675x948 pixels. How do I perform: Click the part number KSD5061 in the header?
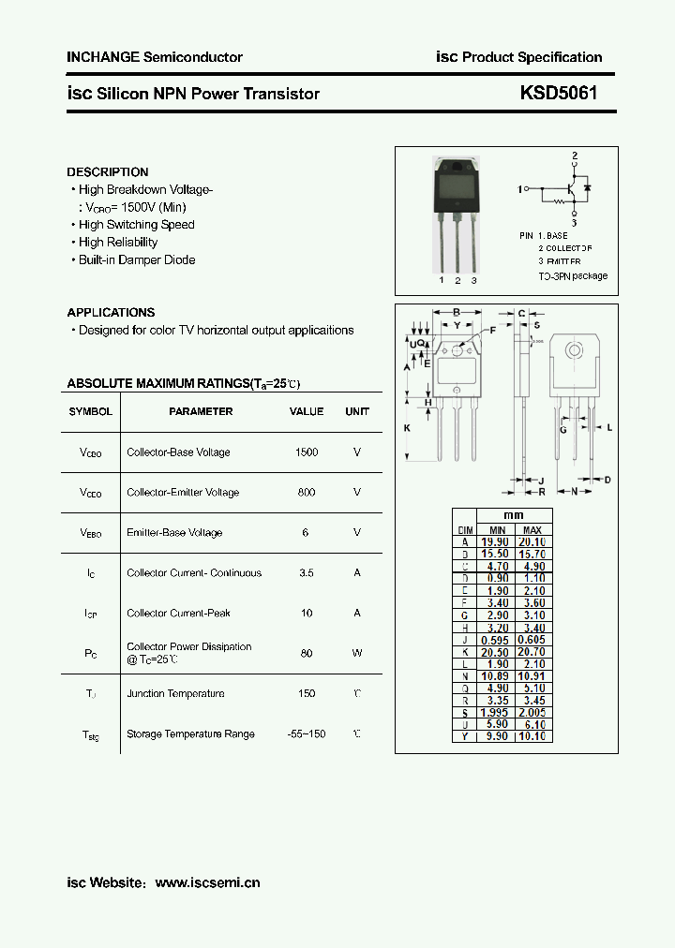(x=559, y=94)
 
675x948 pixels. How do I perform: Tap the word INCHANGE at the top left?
(x=102, y=57)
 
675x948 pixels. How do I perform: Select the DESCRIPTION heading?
(x=107, y=172)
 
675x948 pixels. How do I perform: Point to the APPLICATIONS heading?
(x=111, y=313)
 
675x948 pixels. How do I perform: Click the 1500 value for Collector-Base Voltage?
(x=307, y=452)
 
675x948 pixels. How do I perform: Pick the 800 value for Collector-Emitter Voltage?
(x=307, y=493)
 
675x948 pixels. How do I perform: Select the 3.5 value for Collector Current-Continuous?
(x=307, y=573)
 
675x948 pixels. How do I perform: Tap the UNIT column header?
(x=357, y=411)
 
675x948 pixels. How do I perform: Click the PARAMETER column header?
(x=201, y=411)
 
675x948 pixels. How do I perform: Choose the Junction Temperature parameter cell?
(x=175, y=694)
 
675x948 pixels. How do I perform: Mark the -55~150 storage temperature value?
(x=307, y=734)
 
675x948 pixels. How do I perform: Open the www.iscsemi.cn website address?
(x=207, y=882)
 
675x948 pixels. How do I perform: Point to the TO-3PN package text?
(x=573, y=276)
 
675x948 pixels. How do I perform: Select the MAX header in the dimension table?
(x=532, y=529)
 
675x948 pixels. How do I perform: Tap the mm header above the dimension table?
(x=514, y=516)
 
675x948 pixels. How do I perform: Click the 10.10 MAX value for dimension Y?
(x=532, y=736)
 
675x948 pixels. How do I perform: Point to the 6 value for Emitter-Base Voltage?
(x=306, y=533)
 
